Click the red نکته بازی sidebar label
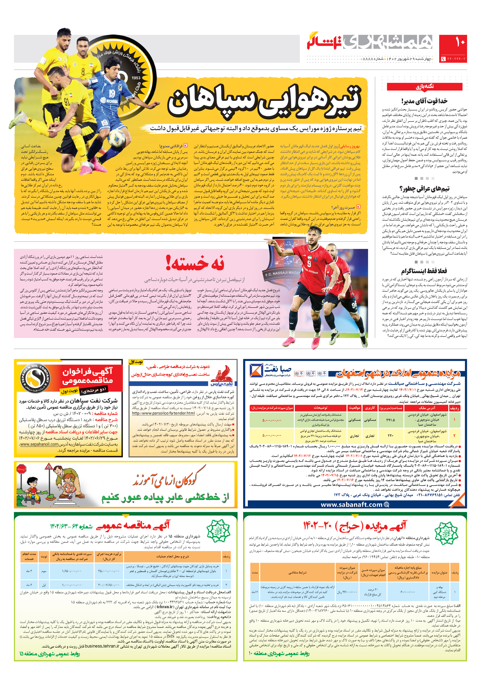424,86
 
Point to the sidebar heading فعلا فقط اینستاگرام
424,271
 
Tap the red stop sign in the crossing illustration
21,469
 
